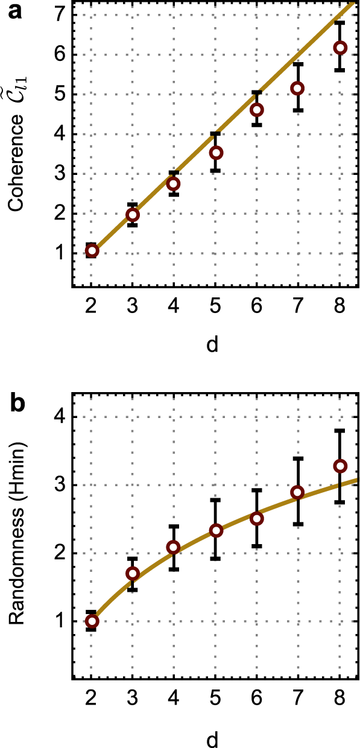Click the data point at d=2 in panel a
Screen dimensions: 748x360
92,251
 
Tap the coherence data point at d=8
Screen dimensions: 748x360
340,48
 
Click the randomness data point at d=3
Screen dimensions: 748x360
133,573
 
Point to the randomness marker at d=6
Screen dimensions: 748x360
257,519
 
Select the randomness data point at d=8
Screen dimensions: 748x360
340,466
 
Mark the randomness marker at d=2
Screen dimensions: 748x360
92,621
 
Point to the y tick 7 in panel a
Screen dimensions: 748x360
59,14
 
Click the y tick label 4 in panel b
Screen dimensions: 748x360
59,417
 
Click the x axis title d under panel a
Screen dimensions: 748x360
213,344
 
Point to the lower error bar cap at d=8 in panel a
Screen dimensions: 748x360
340,71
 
